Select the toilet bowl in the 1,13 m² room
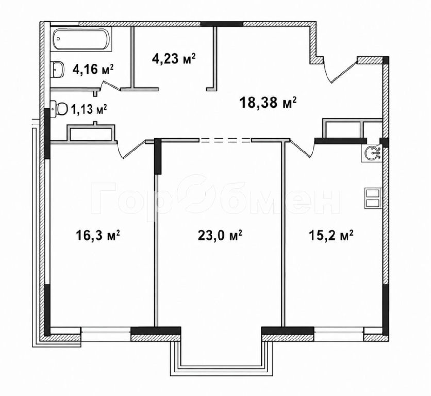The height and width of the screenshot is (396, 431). (x=59, y=109)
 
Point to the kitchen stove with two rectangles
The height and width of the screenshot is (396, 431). (x=373, y=198)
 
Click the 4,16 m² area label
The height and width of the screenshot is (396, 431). (x=93, y=69)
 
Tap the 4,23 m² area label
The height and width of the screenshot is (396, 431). (x=174, y=58)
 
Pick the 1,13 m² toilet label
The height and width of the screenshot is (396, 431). (x=89, y=109)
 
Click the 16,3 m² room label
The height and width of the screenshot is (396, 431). (x=98, y=236)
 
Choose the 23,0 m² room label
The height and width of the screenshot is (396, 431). (x=220, y=236)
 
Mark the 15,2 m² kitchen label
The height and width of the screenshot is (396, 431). (x=331, y=236)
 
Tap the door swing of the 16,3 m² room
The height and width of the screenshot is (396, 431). (x=131, y=149)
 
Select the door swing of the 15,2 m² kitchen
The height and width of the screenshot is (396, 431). (x=302, y=148)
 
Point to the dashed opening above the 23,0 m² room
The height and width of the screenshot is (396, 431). (x=225, y=140)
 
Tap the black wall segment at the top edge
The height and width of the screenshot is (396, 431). (x=222, y=24)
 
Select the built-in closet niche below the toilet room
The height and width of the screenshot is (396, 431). (x=91, y=134)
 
